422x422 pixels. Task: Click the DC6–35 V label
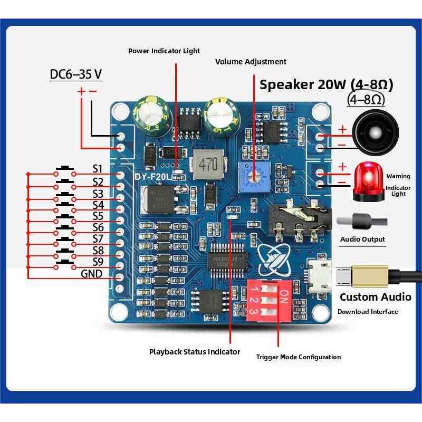[x=75, y=74]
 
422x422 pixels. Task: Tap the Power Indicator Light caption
[x=164, y=51]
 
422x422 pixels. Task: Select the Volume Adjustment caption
[x=251, y=62]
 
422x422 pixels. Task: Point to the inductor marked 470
[x=208, y=164]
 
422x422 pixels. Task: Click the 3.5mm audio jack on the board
[x=298, y=219]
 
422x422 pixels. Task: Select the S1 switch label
[x=97, y=169]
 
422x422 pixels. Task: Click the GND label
[x=91, y=274]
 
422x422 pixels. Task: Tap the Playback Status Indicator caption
[x=195, y=352]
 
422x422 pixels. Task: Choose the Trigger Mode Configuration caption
[x=299, y=357]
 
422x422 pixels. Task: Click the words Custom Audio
[x=375, y=297]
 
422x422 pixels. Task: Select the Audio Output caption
[x=362, y=239]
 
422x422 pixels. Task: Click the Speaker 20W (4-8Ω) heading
[x=327, y=84]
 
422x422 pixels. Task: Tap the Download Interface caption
[x=368, y=312]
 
